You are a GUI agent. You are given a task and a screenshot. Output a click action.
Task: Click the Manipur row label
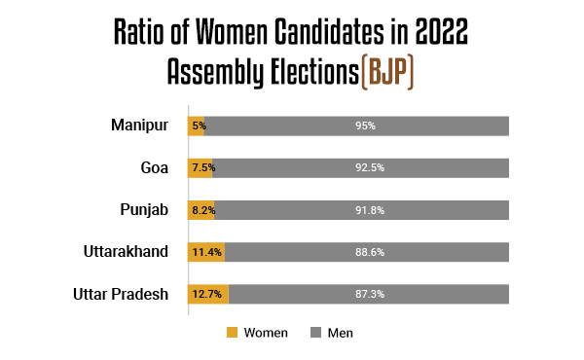click(139, 125)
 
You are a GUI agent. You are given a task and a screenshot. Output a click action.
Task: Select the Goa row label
click(155, 167)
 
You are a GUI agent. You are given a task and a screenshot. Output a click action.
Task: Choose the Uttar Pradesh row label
click(122, 294)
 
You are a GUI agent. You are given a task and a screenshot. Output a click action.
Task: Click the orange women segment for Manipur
click(198, 126)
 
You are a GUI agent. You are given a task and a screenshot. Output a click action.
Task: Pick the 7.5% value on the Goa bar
click(202, 167)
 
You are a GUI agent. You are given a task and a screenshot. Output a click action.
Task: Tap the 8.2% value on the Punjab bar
click(202, 209)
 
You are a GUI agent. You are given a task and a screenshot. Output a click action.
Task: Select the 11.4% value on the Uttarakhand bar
click(206, 252)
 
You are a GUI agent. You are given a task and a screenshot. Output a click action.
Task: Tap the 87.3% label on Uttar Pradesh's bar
click(370, 294)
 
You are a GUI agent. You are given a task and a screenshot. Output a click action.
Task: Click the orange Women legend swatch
click(232, 333)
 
